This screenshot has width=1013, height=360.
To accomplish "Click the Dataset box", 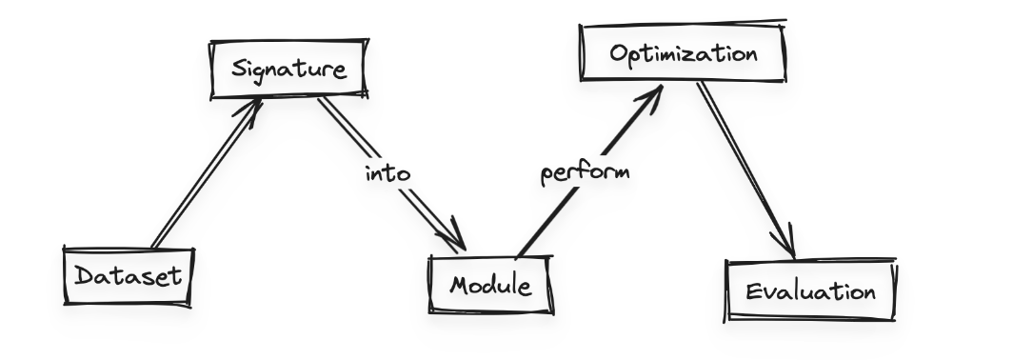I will [128, 276].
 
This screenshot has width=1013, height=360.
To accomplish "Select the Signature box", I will [288, 70].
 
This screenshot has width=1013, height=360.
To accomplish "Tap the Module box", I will [490, 284].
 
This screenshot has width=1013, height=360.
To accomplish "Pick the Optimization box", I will [684, 53].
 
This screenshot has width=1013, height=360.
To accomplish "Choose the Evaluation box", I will [810, 290].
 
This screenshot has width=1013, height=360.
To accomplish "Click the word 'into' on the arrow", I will [387, 173].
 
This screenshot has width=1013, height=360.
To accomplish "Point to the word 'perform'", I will [585, 174].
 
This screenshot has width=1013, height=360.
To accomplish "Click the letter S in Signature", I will [238, 70].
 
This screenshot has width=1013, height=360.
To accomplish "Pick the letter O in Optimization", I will [617, 53].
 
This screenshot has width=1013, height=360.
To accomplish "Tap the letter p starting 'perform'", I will [547, 177].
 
